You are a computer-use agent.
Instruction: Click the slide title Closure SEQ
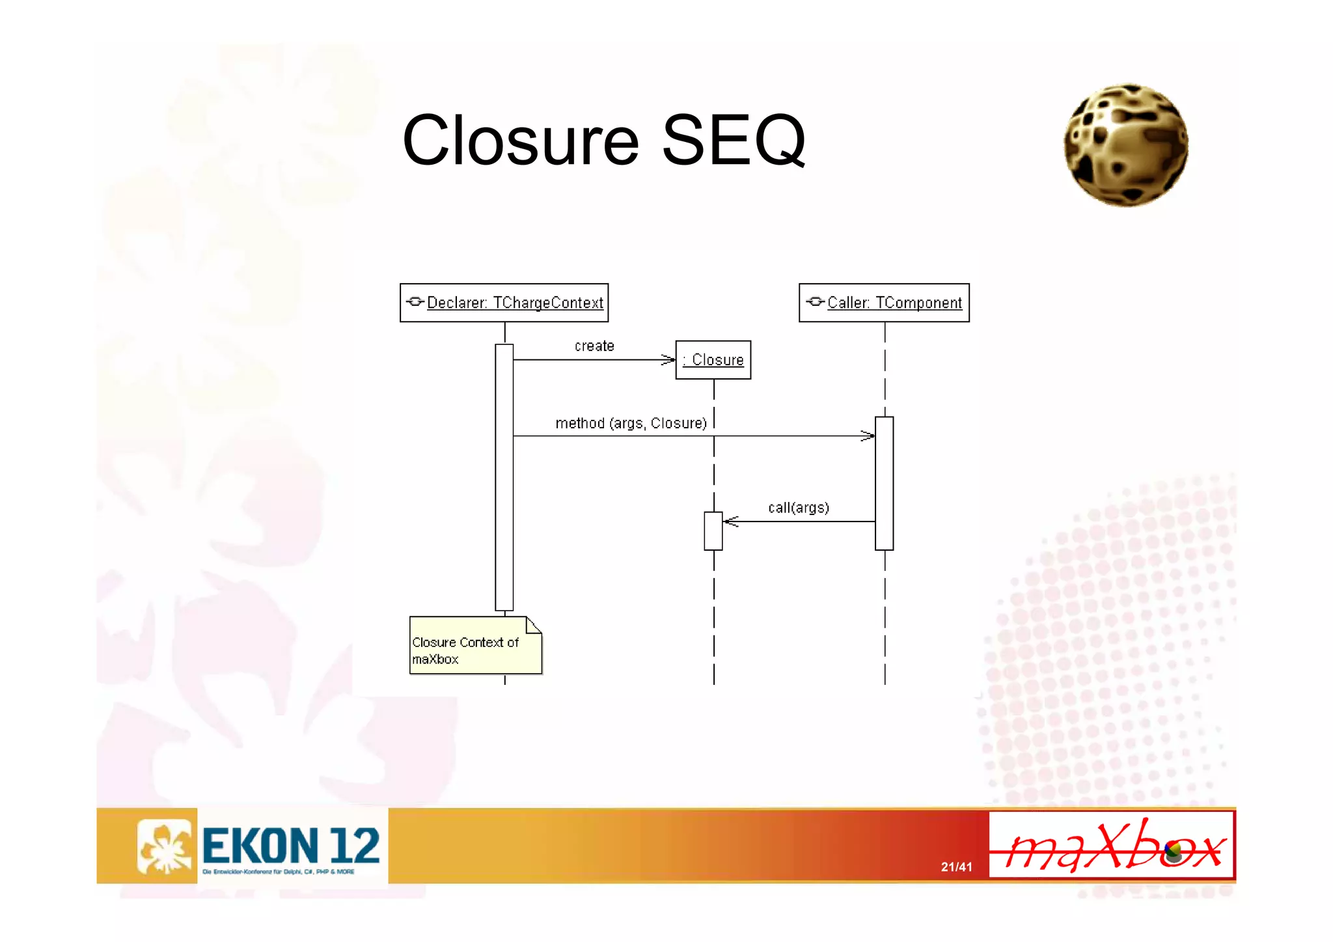pos(603,140)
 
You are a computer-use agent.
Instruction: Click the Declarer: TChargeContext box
pos(504,303)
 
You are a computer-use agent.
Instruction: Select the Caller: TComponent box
pos(883,303)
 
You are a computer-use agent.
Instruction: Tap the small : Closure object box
pos(713,360)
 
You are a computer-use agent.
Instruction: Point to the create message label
pos(594,346)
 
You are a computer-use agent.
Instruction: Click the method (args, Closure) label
pos(631,423)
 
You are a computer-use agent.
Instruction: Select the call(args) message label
pos(798,508)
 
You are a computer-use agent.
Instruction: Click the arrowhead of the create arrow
pos(669,359)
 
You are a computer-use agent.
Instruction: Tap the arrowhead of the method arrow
pos(868,436)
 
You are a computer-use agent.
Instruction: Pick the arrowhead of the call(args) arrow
pos(731,521)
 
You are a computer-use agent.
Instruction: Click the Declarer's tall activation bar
pos(504,477)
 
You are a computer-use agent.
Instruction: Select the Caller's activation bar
pos(884,483)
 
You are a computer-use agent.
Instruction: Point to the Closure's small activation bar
pos(713,531)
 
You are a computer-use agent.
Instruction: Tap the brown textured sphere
pos(1125,146)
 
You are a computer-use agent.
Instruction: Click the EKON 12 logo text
pos(290,846)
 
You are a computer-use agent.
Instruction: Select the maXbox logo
pos(1111,845)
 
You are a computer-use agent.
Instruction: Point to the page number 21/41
pos(956,867)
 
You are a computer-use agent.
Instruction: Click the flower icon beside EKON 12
pos(165,846)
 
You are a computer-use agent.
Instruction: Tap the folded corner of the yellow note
pos(534,625)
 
